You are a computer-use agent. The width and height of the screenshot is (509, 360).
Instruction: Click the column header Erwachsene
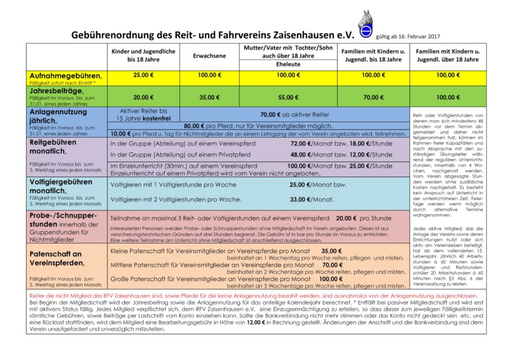209,56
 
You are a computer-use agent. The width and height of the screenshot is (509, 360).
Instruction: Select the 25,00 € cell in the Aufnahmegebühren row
143,75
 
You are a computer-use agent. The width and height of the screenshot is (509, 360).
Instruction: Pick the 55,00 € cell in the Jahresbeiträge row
288,97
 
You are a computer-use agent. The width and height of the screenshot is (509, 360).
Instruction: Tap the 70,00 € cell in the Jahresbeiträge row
373,97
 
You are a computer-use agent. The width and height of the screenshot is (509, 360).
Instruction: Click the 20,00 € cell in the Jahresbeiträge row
143,97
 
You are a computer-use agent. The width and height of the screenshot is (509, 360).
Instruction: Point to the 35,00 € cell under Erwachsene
209,97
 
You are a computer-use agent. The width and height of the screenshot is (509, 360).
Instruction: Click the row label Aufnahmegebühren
66,75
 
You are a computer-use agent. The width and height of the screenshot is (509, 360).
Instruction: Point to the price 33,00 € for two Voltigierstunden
300,199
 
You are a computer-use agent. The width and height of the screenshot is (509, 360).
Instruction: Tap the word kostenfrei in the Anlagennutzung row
148,119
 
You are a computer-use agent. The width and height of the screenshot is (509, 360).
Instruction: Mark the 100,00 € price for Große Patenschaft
331,279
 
